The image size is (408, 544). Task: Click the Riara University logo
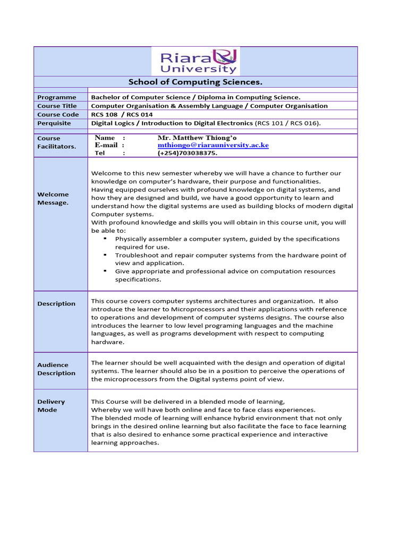tap(195, 61)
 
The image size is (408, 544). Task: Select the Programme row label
tap(57, 97)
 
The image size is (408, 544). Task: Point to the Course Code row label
tap(58, 114)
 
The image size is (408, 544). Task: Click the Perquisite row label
tap(54, 123)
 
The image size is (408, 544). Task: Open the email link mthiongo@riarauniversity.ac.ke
tap(213, 145)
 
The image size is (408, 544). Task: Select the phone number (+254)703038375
tap(188, 153)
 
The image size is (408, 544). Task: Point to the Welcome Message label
tap(53, 198)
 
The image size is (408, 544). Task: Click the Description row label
tap(56, 304)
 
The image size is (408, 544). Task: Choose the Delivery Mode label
tap(51, 406)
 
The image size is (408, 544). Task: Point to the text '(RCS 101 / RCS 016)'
tap(288, 123)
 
